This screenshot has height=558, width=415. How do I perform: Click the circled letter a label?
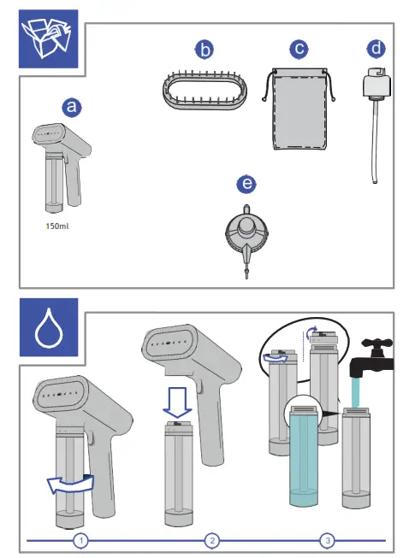coord(72,107)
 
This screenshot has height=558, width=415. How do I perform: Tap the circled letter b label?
coord(205,50)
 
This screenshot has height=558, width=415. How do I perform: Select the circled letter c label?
coord(299,49)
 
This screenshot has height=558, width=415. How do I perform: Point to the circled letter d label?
coord(376,49)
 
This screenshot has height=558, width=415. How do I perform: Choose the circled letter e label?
coord(246,184)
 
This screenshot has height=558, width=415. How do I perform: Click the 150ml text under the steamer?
coord(57,226)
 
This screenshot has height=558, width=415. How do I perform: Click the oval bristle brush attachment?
coord(205,91)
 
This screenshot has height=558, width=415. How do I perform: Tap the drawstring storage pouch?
coord(299,109)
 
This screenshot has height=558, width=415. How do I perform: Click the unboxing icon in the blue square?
coord(49,38)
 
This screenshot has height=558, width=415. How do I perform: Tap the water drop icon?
coord(49,327)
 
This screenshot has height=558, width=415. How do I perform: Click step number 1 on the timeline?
coord(81,541)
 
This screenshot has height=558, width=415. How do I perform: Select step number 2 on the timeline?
coord(212,541)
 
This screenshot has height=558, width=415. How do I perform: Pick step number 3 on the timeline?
coord(328,541)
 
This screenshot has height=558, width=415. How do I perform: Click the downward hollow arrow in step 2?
coord(177,402)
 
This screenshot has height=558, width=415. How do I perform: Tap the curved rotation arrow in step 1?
coord(70,485)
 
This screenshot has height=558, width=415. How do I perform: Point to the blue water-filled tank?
coord(304,457)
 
